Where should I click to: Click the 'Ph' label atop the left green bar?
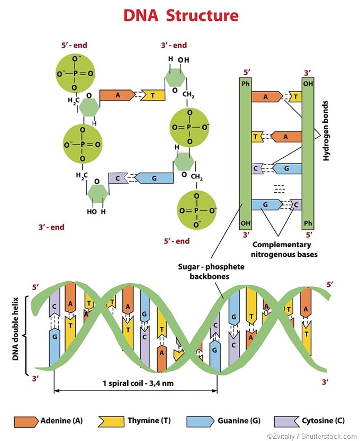point(245,84)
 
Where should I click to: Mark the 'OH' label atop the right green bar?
point(308,84)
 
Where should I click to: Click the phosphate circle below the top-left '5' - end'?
point(75,73)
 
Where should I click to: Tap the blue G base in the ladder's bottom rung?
point(267,204)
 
